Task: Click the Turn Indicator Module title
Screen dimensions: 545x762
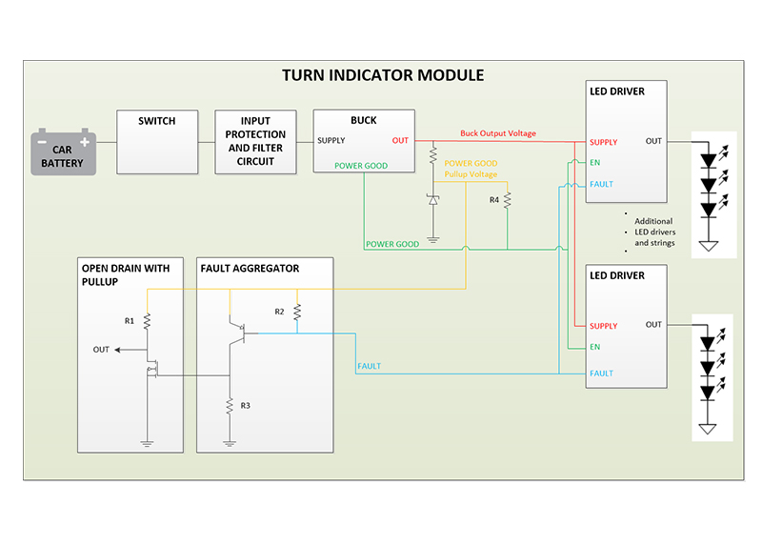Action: [x=382, y=75]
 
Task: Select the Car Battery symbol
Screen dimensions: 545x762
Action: [x=64, y=151]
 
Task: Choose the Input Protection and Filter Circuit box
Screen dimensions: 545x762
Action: [x=256, y=141]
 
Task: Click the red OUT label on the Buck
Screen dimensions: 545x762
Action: [x=400, y=141]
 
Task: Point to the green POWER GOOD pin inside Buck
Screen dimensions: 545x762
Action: [x=361, y=165]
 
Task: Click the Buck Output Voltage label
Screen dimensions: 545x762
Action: [x=497, y=133]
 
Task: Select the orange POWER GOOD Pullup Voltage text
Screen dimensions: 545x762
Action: [x=471, y=169]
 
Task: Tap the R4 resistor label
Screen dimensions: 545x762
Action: [x=494, y=200]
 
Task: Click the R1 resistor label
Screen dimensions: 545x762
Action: [x=130, y=321]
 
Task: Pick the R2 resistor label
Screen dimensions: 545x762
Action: [x=279, y=312]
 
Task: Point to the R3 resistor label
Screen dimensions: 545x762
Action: [x=245, y=406]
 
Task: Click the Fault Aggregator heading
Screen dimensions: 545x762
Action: [x=250, y=269]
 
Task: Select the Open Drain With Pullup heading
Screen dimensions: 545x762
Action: [x=126, y=275]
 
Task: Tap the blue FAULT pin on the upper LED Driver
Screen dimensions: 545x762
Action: [x=601, y=184]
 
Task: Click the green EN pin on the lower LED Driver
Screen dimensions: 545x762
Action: [x=594, y=347]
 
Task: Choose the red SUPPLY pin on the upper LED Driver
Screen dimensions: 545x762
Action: [x=603, y=142]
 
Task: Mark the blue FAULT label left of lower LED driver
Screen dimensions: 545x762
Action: [x=369, y=366]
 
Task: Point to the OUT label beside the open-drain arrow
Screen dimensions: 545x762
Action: [x=101, y=350]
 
